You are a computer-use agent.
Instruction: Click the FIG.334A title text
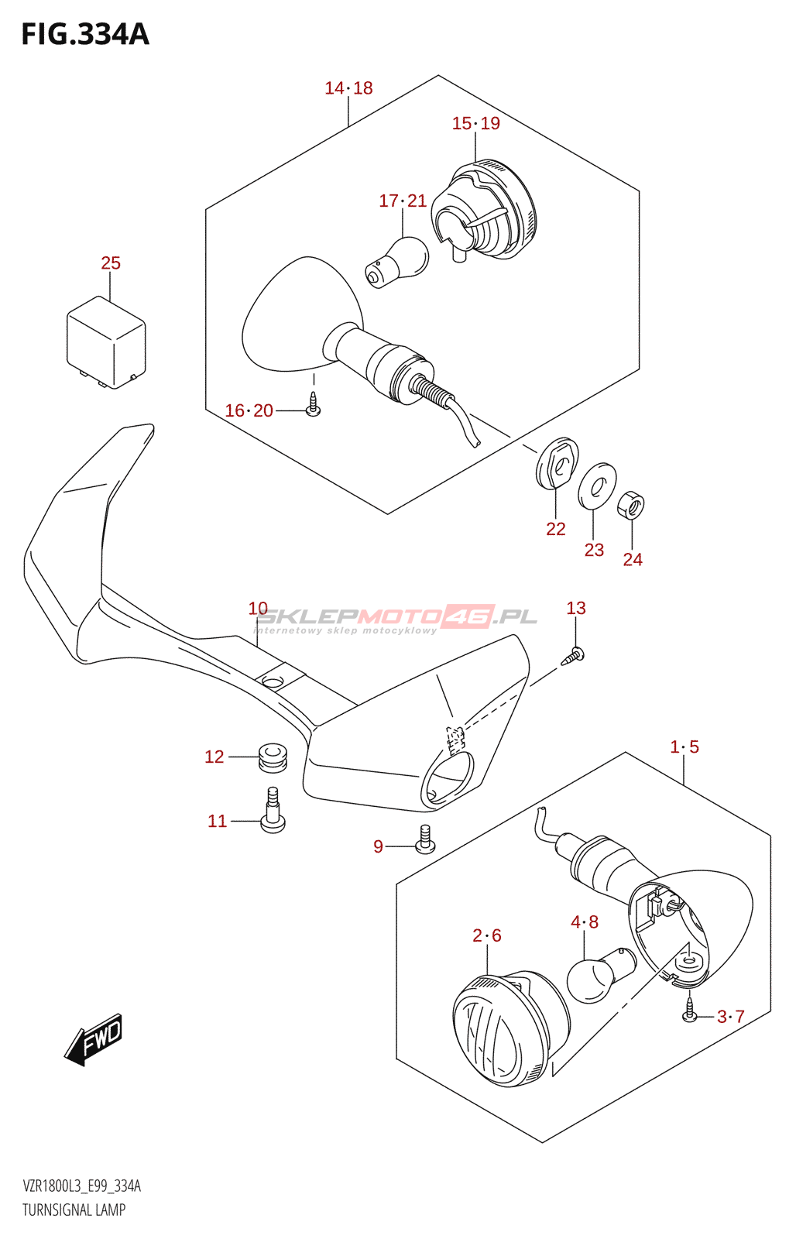click(x=85, y=34)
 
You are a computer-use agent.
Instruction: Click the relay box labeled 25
click(x=106, y=341)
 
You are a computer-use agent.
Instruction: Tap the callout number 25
click(x=111, y=263)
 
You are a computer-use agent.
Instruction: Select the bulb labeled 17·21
click(x=398, y=261)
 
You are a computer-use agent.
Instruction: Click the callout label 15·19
click(x=475, y=123)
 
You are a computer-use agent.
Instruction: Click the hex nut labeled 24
click(x=631, y=506)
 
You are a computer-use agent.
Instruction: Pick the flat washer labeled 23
click(x=597, y=486)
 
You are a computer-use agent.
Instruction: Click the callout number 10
click(x=258, y=609)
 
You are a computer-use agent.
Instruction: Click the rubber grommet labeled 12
click(x=272, y=757)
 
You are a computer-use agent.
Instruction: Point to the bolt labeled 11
click(x=273, y=812)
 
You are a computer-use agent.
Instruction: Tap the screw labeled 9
click(x=425, y=840)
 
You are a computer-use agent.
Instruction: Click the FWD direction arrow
click(x=94, y=1038)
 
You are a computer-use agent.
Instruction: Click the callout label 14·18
click(x=348, y=88)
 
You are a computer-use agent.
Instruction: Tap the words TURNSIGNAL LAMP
click(x=74, y=1210)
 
